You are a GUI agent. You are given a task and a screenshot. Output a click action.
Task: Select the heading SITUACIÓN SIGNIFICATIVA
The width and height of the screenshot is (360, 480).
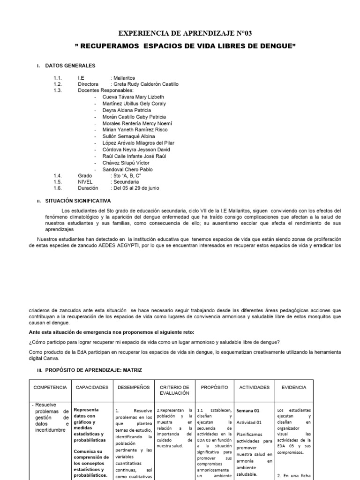pyautogui.click(x=78, y=200)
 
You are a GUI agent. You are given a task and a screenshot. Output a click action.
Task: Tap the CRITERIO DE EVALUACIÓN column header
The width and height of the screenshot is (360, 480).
pyautogui.click(x=174, y=390)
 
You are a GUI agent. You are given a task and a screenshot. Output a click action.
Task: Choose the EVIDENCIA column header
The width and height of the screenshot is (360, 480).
pyautogui.click(x=294, y=388)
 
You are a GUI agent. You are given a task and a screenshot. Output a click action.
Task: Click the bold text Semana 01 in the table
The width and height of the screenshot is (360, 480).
pyautogui.click(x=248, y=410)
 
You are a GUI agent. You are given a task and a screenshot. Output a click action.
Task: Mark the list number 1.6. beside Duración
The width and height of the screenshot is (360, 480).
pyautogui.click(x=58, y=188)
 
